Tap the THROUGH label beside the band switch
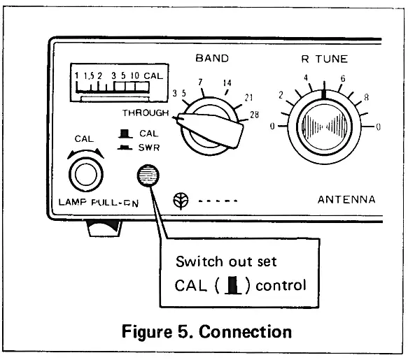(x=146, y=113)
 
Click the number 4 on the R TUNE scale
(x=306, y=79)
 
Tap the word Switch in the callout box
(x=197, y=262)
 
